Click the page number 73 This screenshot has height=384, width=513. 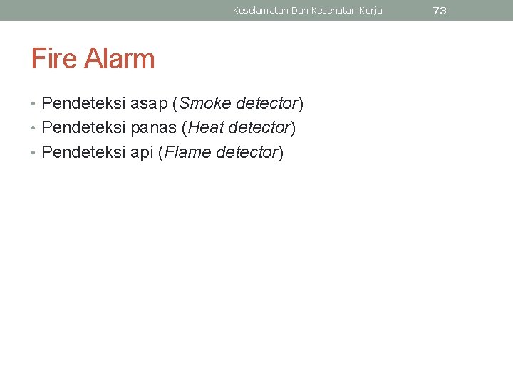(x=440, y=11)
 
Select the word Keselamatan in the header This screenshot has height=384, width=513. (x=260, y=11)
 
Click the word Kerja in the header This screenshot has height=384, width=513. (x=370, y=11)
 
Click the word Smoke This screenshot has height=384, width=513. (x=205, y=104)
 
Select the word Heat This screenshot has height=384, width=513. (x=207, y=128)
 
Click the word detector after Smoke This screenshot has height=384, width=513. (x=266, y=104)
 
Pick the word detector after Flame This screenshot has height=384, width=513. (x=246, y=152)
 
